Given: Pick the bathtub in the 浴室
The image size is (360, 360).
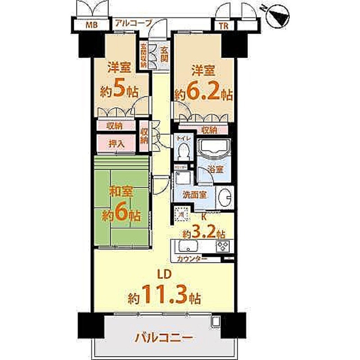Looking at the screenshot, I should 214,148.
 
